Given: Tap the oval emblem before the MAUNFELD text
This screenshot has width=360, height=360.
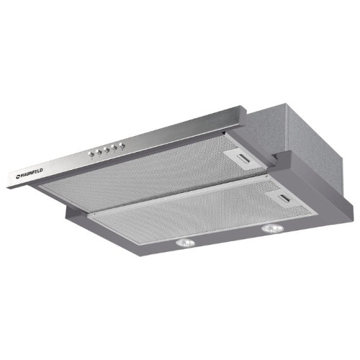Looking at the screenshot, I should (17, 178).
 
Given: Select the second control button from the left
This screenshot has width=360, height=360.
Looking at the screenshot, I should (99, 152).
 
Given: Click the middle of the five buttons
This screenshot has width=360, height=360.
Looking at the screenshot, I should (107, 150).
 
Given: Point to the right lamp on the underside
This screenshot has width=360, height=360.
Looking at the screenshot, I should (271, 229).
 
